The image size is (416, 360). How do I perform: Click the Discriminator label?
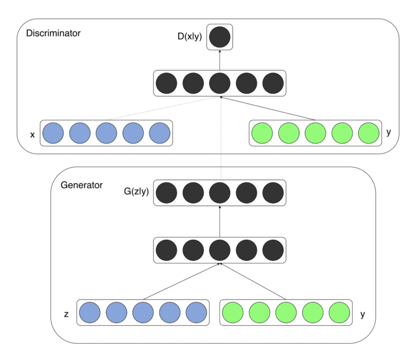coord(53,33)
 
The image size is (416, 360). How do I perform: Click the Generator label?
coord(82,185)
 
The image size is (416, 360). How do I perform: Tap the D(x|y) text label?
coord(186,37)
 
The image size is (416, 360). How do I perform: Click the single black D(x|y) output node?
coord(220,37)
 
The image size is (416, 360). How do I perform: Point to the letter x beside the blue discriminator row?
coord(32,135)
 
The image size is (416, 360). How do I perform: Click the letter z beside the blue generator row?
coord(66,313)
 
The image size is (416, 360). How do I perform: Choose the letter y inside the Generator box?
coord(361,313)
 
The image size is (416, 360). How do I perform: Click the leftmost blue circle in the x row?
coord(53,133)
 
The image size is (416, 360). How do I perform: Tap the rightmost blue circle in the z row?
coord(197,312)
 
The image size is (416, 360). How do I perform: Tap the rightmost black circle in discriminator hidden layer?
coord(273,84)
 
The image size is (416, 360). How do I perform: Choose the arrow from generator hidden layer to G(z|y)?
coord(220,221)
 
